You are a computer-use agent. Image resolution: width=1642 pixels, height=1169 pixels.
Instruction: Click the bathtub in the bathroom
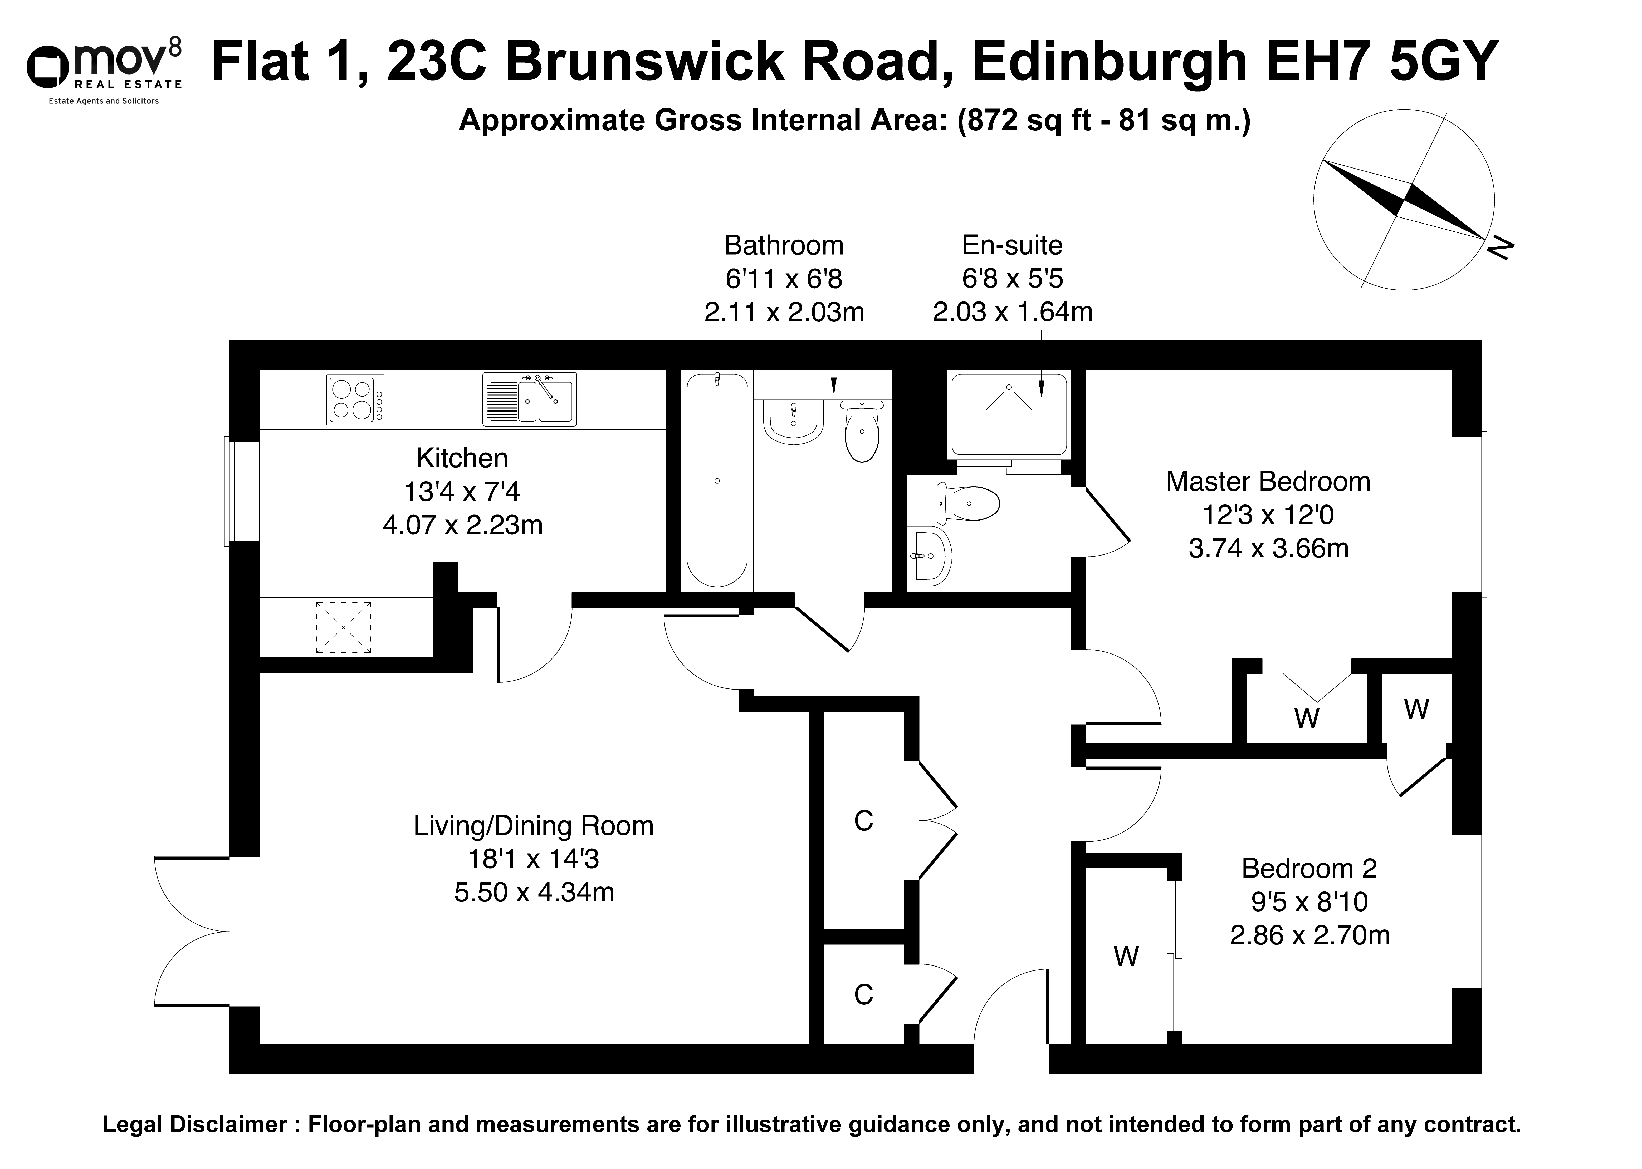pyautogui.click(x=717, y=480)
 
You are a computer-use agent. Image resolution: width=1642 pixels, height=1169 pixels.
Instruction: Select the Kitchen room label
pyautogui.click(x=462, y=458)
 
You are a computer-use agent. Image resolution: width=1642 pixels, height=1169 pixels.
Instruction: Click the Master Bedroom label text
pyautogui.click(x=1268, y=482)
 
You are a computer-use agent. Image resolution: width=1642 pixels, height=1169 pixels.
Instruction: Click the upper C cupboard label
pyautogui.click(x=863, y=821)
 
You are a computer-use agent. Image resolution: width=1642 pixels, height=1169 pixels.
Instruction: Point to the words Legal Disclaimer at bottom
pyautogui.click(x=194, y=1124)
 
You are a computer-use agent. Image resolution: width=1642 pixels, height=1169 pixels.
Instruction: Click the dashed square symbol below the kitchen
pyautogui.click(x=344, y=628)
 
